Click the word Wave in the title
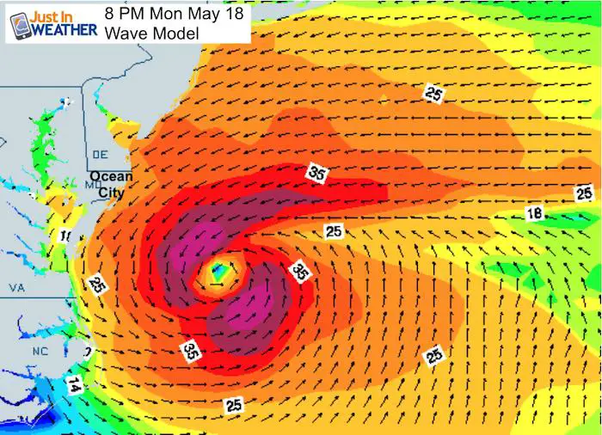coord(124,34)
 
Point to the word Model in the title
coord(175,34)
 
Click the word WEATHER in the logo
coord(60,28)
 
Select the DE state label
coord(99,154)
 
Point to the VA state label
coord(15,287)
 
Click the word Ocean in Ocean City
coord(111,177)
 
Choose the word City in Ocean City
coord(111,193)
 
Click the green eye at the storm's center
coord(219,273)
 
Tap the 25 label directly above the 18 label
coord(584,192)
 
